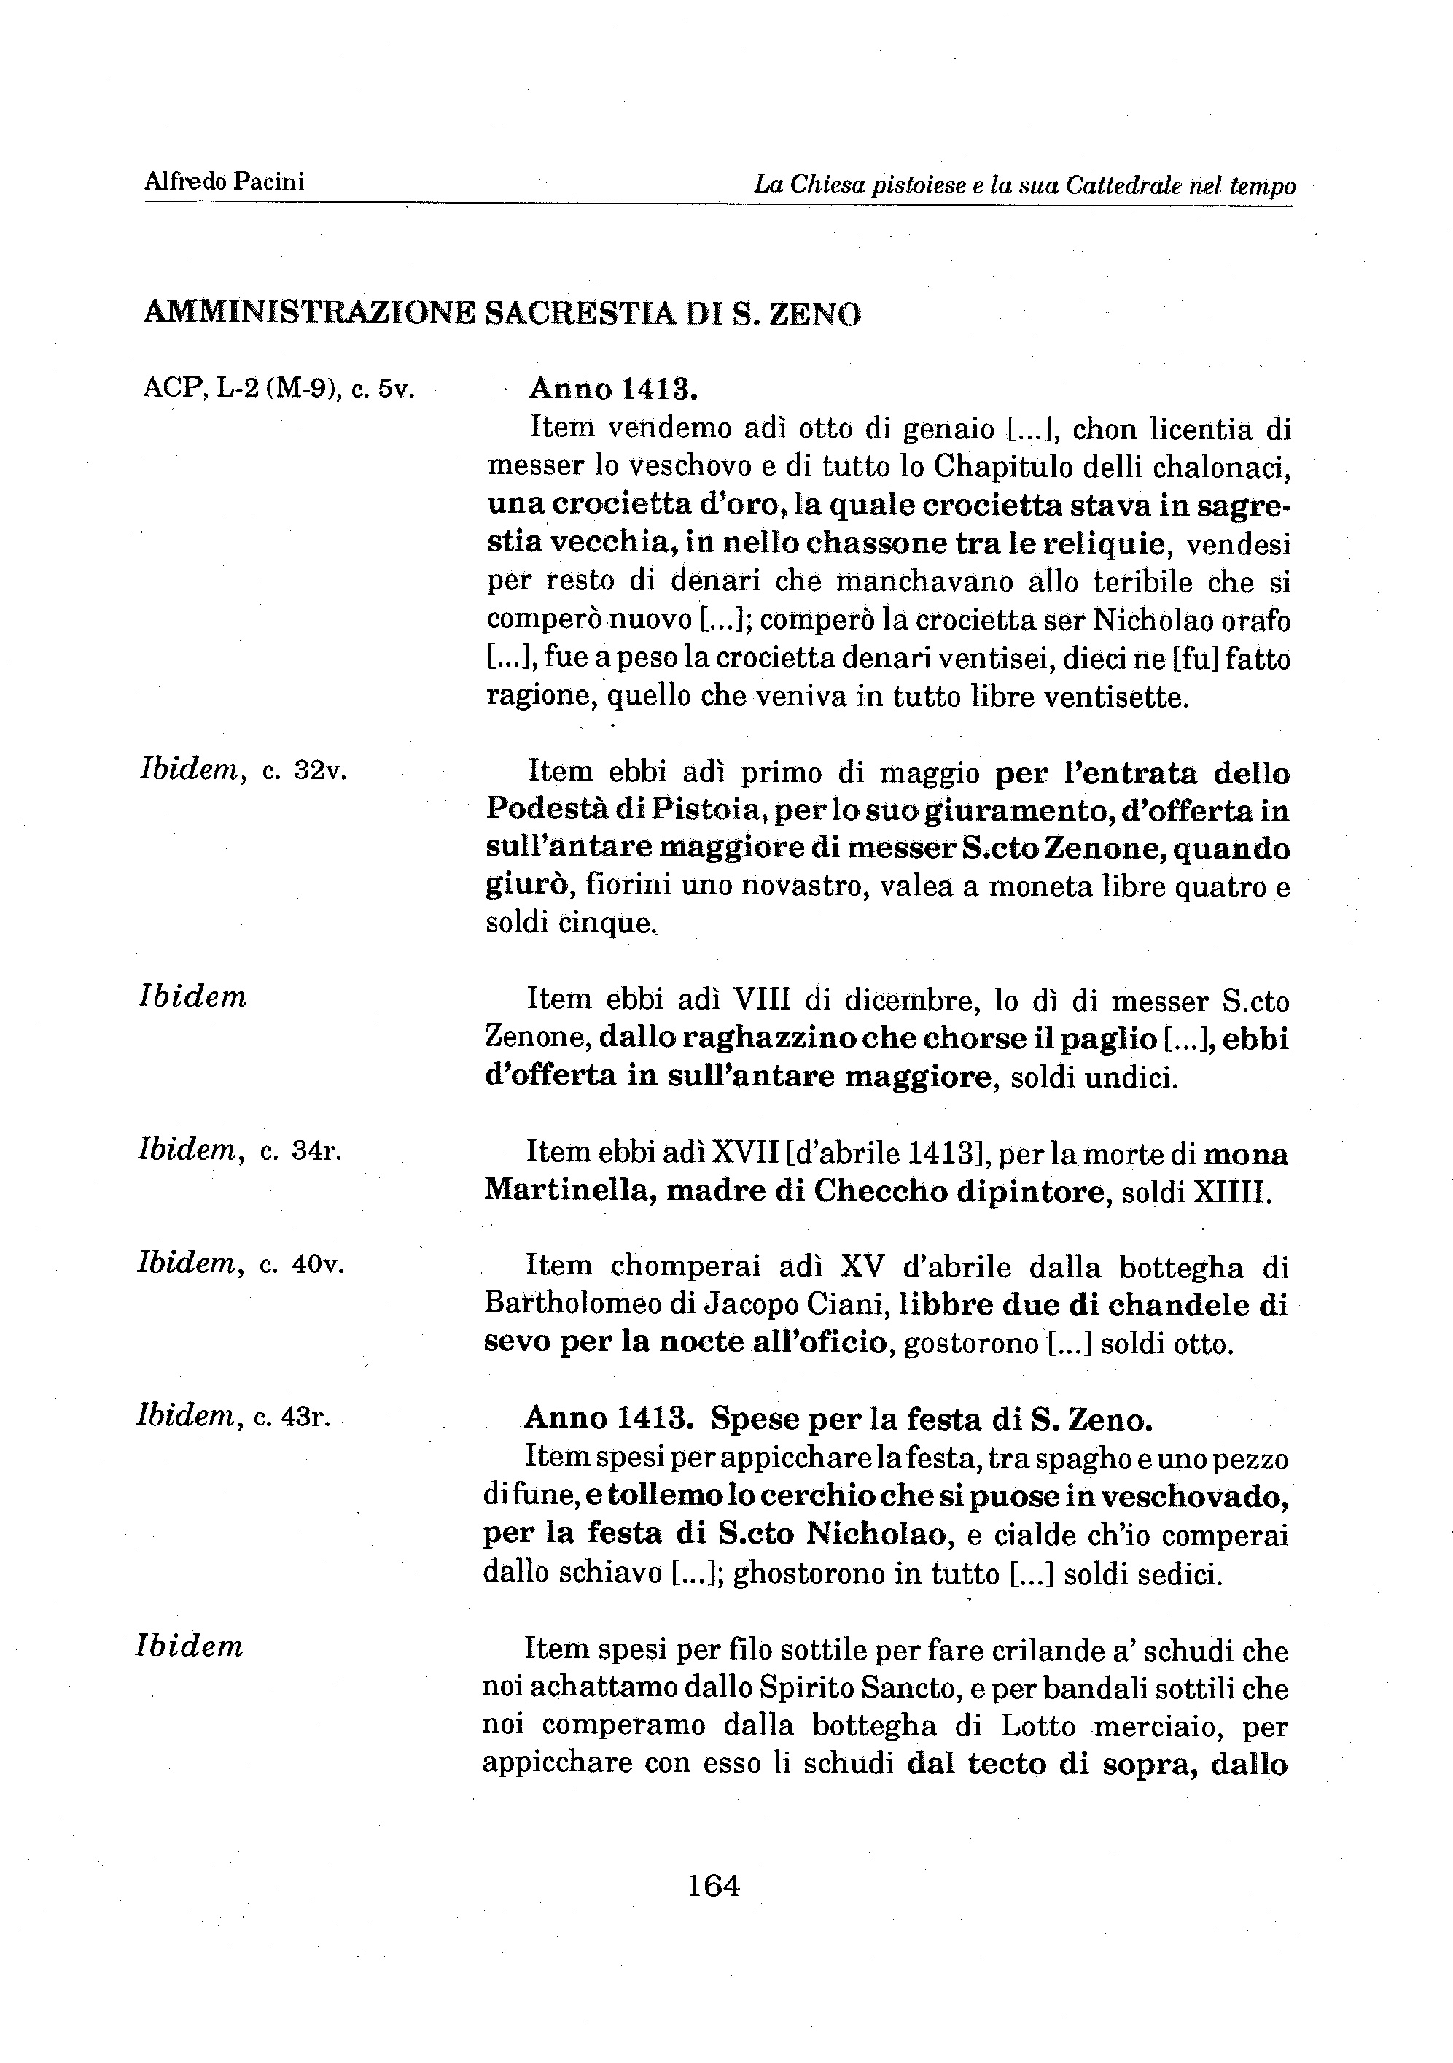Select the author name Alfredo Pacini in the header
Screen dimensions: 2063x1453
(x=225, y=182)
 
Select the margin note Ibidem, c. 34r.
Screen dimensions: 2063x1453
(x=240, y=1151)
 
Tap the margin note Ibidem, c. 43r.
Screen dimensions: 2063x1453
(x=233, y=1417)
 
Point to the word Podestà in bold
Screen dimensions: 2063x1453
(x=548, y=810)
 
